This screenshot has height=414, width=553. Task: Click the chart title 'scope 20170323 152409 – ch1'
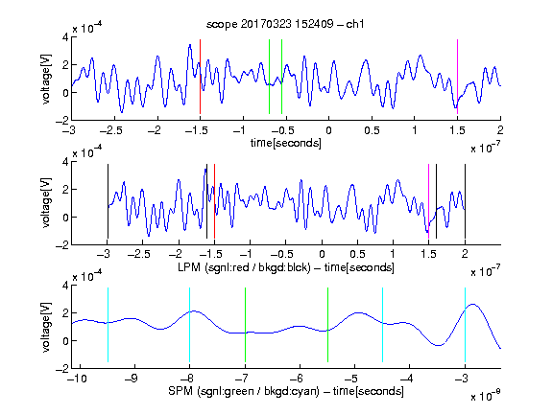(x=285, y=24)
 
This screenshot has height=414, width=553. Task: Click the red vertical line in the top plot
(x=201, y=77)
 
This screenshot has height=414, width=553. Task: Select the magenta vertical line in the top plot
(x=457, y=77)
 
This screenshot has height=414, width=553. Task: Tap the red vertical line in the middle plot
(x=214, y=201)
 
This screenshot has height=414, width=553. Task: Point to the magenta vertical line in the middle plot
(x=429, y=201)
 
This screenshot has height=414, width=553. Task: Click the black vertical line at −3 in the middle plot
(x=108, y=201)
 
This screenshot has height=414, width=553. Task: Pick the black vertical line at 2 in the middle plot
(x=466, y=201)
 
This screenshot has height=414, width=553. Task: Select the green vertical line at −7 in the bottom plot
(x=245, y=325)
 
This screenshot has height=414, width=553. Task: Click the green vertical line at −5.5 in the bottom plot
(x=328, y=325)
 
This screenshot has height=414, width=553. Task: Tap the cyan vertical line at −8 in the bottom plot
(x=190, y=325)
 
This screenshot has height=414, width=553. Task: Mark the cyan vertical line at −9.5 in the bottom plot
(x=108, y=325)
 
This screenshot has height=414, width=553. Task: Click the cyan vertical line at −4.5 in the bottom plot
(x=383, y=325)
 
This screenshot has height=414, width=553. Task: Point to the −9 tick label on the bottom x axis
(x=132, y=379)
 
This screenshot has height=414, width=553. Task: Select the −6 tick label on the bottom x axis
(x=298, y=379)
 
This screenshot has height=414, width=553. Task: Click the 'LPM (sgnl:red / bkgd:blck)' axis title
(x=244, y=267)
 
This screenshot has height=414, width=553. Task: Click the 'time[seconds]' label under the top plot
(x=286, y=143)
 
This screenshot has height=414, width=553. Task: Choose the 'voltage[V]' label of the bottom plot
(x=46, y=327)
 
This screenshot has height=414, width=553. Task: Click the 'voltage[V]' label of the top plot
(x=46, y=79)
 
